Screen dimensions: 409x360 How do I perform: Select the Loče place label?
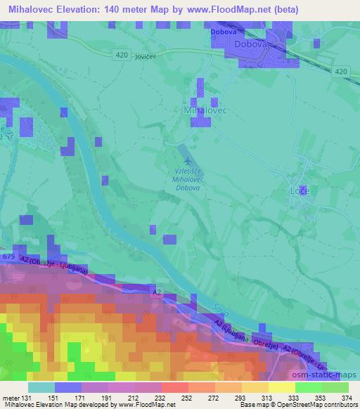300,190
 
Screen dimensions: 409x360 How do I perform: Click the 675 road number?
8,257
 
